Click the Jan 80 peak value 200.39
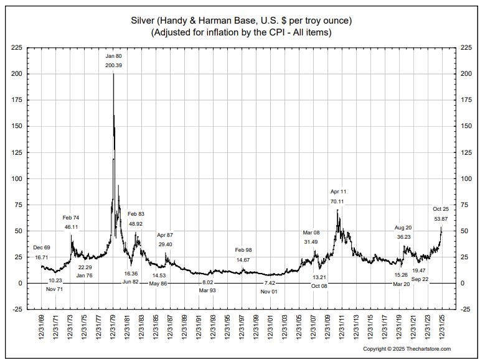pyautogui.click(x=114, y=65)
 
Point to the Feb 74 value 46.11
pyautogui.click(x=71, y=227)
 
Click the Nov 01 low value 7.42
pyautogui.click(x=269, y=282)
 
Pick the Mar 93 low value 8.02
pyautogui.click(x=207, y=282)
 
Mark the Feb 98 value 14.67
pyautogui.click(x=243, y=259)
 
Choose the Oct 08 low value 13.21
pyautogui.click(x=319, y=277)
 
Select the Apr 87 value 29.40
pyautogui.click(x=165, y=244)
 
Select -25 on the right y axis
pyautogui.click(x=464, y=309)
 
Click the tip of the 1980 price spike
pyautogui.click(x=113, y=73)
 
